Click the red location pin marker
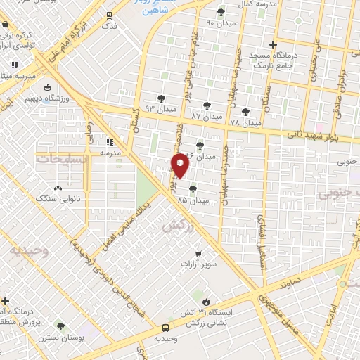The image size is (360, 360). pyautogui.click(x=180, y=165)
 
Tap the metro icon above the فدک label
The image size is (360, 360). pyautogui.click(x=109, y=15)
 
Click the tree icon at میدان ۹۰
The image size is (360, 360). pyautogui.click(x=221, y=12)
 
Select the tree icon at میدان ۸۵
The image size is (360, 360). pyautogui.click(x=193, y=188)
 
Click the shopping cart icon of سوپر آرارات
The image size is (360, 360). pyautogui.click(x=199, y=253)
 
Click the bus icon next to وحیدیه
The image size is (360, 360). pyautogui.click(x=165, y=328)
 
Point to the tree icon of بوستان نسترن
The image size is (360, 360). pyautogui.click(x=61, y=327)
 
